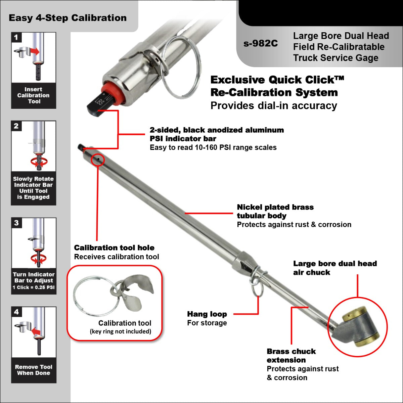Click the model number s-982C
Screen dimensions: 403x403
(x=261, y=44)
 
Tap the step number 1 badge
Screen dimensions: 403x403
(x=16, y=37)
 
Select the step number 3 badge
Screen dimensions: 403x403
(x=16, y=223)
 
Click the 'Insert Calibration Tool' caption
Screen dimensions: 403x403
(x=34, y=95)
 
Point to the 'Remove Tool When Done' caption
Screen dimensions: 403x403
(x=34, y=370)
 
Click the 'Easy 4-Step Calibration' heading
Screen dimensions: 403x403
(x=68, y=18)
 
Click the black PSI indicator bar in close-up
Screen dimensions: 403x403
(x=99, y=105)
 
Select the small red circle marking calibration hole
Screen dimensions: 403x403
(x=98, y=160)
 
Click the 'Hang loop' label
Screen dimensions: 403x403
(x=207, y=314)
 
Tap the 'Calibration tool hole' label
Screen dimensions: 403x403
(x=114, y=248)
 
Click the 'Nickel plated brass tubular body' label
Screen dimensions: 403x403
(x=275, y=212)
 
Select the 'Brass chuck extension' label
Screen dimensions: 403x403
(x=291, y=356)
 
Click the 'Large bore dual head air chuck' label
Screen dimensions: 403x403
(x=334, y=268)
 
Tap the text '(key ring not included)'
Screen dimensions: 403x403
(x=121, y=331)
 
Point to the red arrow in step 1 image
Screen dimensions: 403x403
(x=34, y=51)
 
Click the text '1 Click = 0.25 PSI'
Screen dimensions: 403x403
(x=34, y=287)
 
